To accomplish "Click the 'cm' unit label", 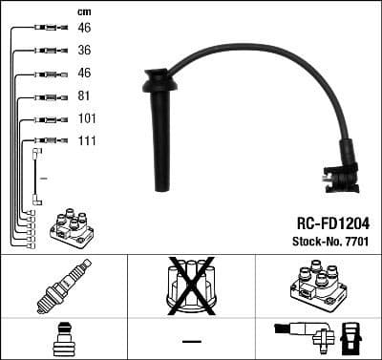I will click(x=83, y=11).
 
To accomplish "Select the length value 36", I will click(x=84, y=51).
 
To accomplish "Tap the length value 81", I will click(x=84, y=96).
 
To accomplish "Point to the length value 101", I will click(x=86, y=119).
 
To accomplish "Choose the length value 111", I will click(x=86, y=141).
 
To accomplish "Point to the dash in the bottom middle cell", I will click(x=191, y=340).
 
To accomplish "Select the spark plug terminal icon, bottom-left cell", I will click(x=63, y=340).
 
